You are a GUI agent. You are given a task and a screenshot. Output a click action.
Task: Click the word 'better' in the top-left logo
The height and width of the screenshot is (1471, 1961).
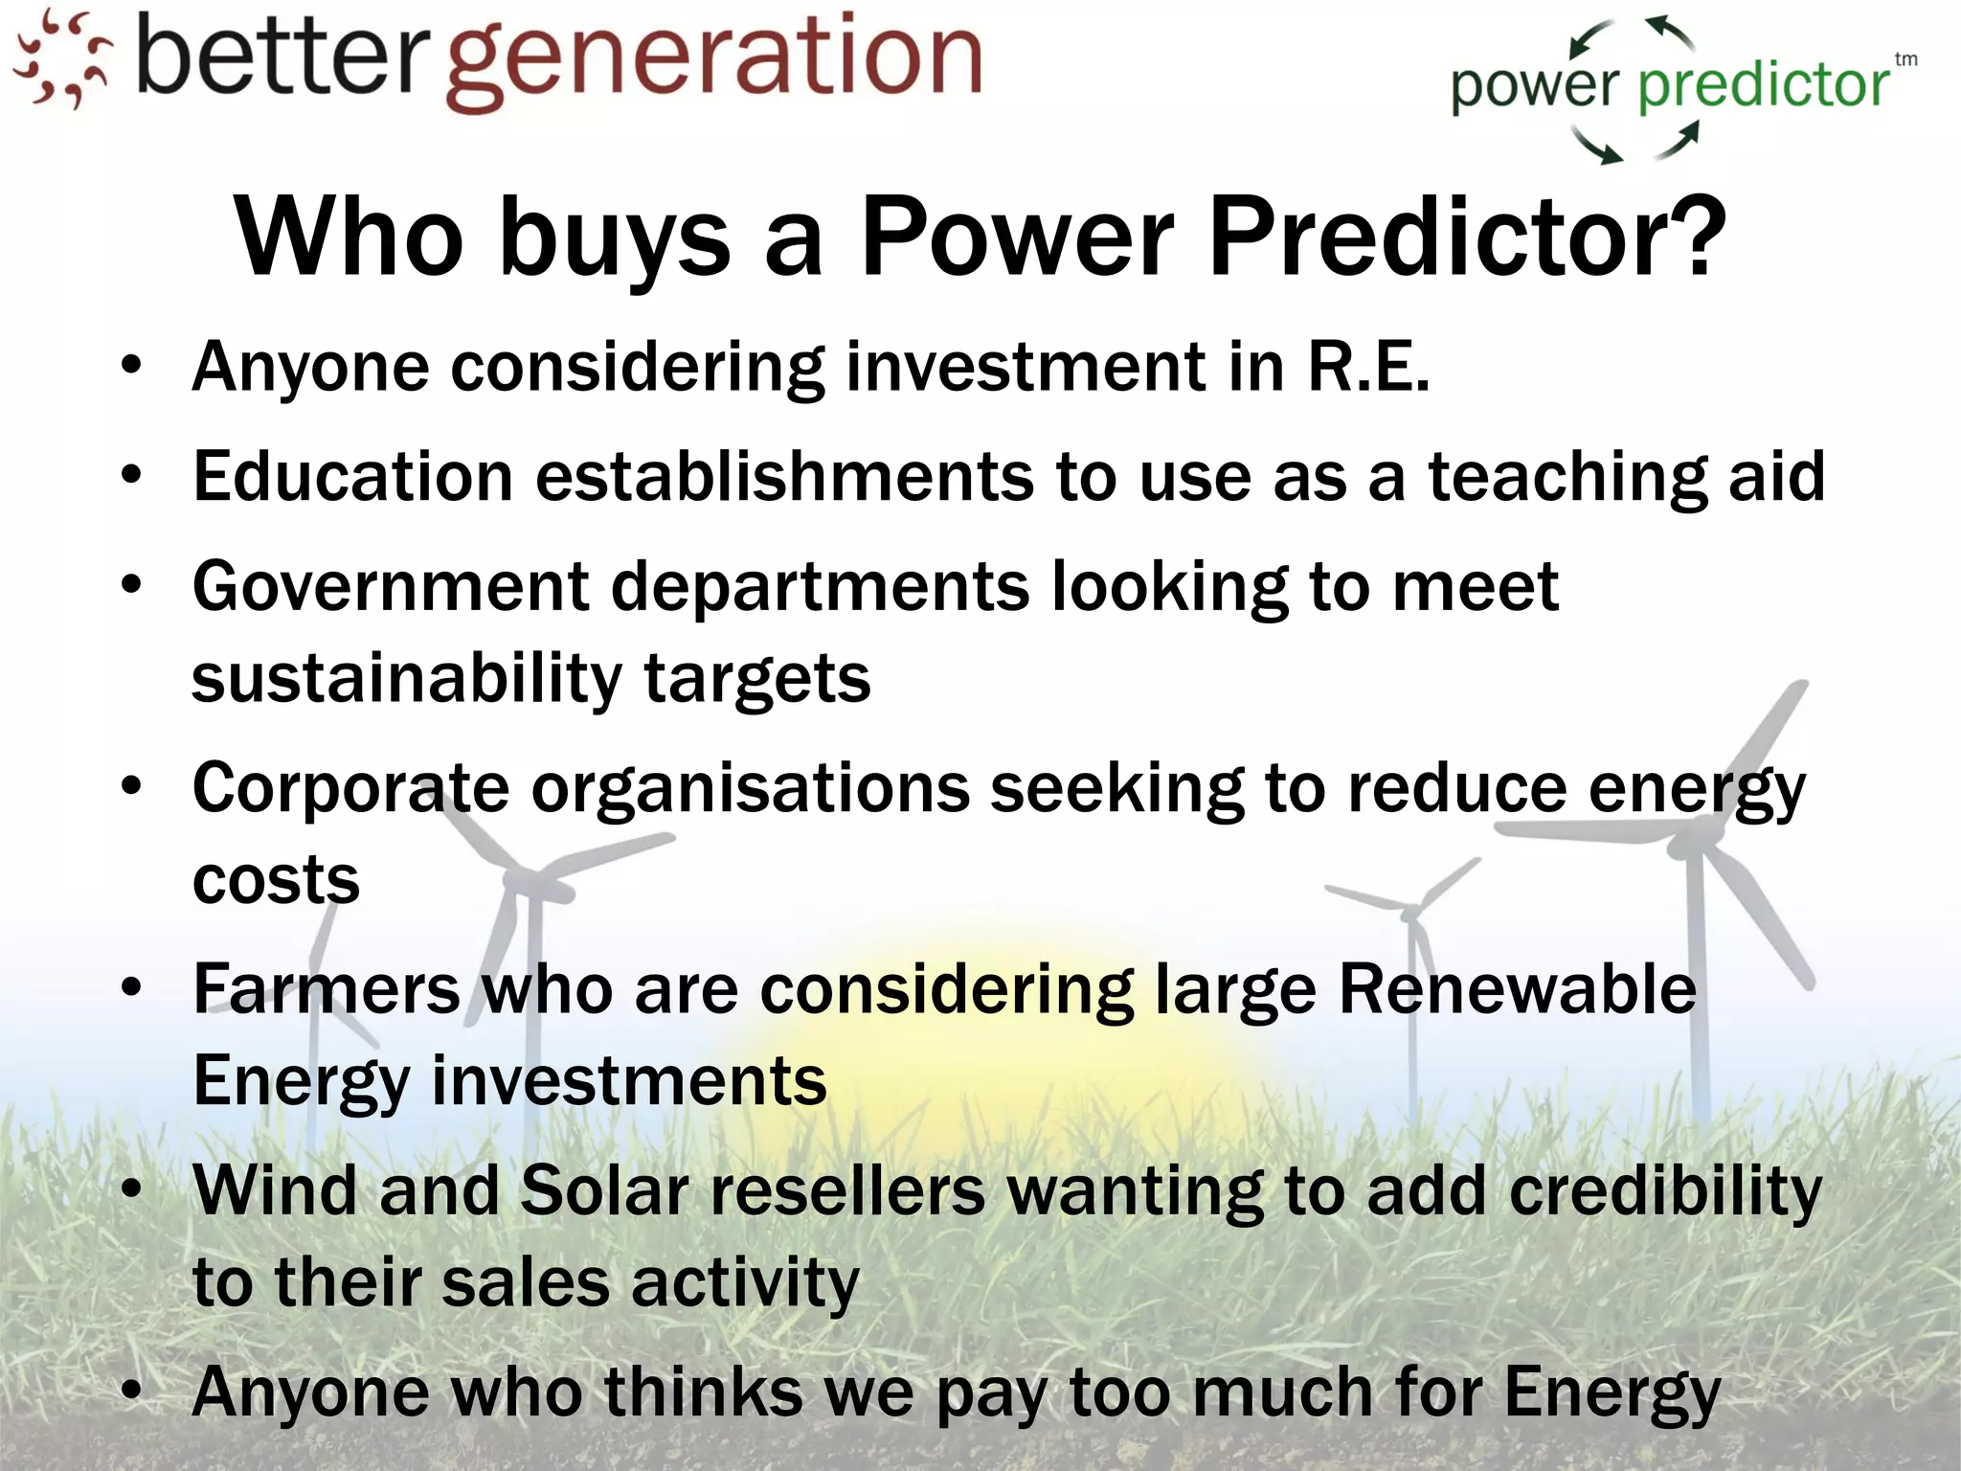278,57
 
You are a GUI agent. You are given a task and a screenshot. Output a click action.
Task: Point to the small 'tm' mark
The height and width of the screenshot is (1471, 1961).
1905,59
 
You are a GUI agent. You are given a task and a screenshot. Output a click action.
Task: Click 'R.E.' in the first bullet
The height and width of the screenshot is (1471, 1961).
1369,367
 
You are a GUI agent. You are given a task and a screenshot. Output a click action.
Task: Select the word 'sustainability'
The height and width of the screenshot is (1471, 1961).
407,678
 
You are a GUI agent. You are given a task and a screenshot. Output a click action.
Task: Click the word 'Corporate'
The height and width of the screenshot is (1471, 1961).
350,788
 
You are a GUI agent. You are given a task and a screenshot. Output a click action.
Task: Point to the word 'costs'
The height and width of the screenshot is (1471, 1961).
276,879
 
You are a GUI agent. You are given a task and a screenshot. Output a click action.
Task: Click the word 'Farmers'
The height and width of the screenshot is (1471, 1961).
326,989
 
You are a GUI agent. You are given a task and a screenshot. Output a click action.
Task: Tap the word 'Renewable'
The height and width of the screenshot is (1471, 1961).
1517,989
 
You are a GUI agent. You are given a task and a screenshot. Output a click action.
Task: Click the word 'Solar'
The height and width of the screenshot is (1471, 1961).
604,1191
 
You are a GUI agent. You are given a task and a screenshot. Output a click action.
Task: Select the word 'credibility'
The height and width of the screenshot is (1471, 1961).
1665,1191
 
